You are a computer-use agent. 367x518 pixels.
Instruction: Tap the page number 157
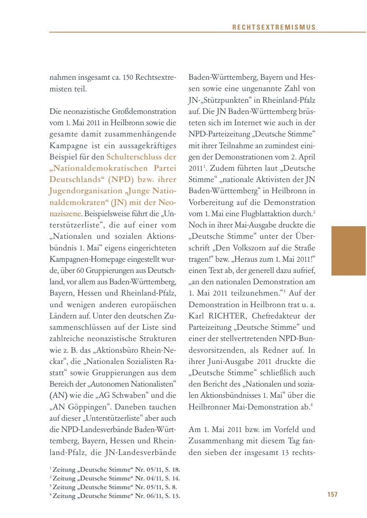point(332,494)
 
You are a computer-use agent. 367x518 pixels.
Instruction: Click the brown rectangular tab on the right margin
point(349,250)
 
